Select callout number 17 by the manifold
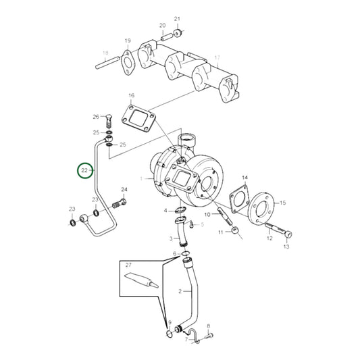pos(217,59)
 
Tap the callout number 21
pos(178,19)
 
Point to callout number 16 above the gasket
pos(131,97)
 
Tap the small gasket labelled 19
pos(127,61)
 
